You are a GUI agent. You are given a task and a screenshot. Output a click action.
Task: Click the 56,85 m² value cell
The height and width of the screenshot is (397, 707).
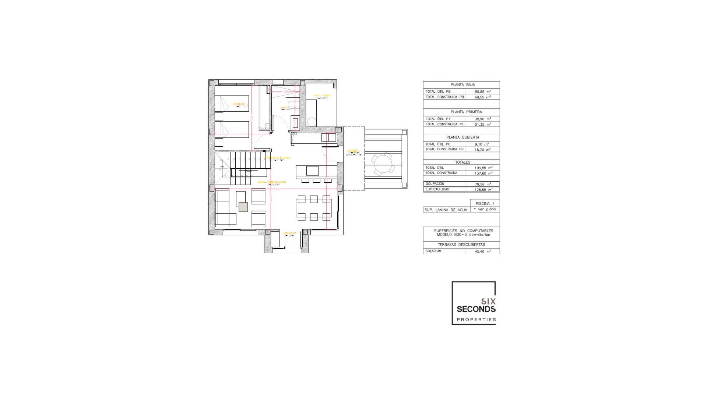(x=482, y=92)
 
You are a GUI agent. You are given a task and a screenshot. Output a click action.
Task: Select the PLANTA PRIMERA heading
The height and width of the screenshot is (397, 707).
(x=466, y=112)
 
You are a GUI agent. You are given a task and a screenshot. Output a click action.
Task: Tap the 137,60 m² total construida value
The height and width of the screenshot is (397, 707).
(x=482, y=173)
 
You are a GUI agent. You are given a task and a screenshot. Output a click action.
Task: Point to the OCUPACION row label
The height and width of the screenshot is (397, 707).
(x=435, y=184)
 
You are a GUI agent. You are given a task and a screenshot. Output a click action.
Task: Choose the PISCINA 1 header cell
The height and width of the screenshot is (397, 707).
(x=485, y=203)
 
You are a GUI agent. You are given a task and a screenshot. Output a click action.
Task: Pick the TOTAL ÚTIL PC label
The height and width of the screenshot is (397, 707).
(x=438, y=144)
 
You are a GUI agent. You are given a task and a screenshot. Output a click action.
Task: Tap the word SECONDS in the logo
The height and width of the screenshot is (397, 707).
(x=476, y=309)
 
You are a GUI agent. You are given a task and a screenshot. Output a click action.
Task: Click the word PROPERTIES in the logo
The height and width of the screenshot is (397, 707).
(x=476, y=320)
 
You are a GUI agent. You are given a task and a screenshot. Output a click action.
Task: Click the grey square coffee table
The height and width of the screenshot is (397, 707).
(x=243, y=207)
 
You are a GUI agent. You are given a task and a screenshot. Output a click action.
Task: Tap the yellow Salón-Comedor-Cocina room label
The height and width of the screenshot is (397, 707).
(x=272, y=182)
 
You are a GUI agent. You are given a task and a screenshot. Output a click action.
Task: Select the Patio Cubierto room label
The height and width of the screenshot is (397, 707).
(x=322, y=96)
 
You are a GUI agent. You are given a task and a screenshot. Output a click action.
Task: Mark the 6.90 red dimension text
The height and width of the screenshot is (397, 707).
(x=276, y=189)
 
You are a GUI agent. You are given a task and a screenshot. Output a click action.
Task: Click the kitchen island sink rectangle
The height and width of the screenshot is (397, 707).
(x=312, y=171)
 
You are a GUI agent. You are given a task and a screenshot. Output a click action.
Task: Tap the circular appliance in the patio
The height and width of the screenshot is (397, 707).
(x=312, y=122)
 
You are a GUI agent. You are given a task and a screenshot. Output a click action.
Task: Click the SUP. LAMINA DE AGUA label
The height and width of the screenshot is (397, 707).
(x=446, y=210)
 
